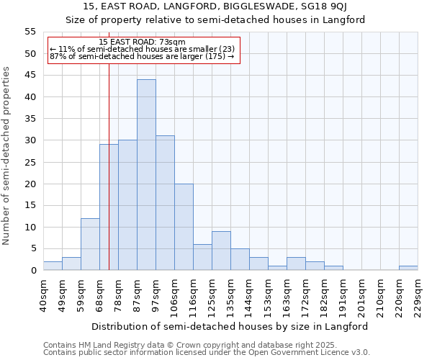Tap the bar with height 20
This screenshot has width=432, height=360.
click(184, 227)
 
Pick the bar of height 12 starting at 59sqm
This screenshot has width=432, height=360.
click(90, 244)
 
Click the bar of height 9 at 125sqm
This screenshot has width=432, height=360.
click(221, 251)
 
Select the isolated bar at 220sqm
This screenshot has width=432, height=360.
click(408, 268)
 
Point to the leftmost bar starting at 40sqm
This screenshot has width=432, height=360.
click(53, 266)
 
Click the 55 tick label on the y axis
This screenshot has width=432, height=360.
click(30, 32)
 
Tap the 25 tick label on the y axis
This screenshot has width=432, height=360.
click(30, 162)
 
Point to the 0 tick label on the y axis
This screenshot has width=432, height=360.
click(32, 271)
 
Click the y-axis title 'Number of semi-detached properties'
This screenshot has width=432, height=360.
click(7, 156)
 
